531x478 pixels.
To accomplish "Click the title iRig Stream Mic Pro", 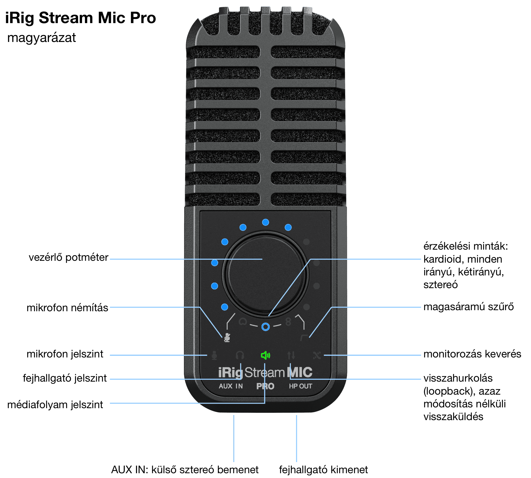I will pos(80,18).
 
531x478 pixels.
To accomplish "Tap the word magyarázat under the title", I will pos(41,38).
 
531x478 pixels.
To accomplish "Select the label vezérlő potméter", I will pos(68,257).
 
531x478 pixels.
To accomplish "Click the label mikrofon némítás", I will pos(67,308).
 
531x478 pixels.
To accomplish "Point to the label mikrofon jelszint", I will pos(65,354).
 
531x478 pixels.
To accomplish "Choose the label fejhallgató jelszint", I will pos(65,378).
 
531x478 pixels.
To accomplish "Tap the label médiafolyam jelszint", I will pos(55,405).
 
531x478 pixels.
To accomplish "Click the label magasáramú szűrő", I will pos(468,307).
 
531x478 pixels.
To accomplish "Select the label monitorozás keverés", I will pos(472,354).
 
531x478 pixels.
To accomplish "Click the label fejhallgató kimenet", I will pos(323,470).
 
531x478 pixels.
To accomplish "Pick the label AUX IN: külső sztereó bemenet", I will pos(185,470).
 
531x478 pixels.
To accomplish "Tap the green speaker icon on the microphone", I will pos(265,355).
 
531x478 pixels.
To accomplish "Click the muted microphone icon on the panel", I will pos(227,338).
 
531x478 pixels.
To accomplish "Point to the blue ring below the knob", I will pos(265,327).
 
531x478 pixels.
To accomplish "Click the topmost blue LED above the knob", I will pos(265,222).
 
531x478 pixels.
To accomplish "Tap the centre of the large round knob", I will pos(265,274).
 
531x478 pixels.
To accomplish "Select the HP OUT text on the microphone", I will pos(300,386).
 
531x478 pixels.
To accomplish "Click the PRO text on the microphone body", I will pos(265,386).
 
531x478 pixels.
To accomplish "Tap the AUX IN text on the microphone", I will pos(231,386).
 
